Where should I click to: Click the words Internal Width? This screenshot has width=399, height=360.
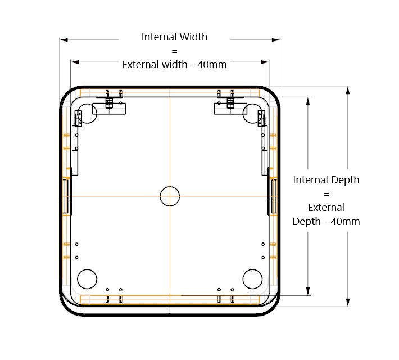click(x=174, y=37)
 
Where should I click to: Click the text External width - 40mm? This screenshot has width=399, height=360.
click(x=174, y=65)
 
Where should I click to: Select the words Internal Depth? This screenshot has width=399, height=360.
click(x=326, y=180)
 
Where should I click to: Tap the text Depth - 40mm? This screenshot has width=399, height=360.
click(x=326, y=222)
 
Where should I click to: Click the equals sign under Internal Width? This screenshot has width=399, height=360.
click(x=174, y=51)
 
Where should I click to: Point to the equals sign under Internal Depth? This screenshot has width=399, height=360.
click(x=326, y=194)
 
